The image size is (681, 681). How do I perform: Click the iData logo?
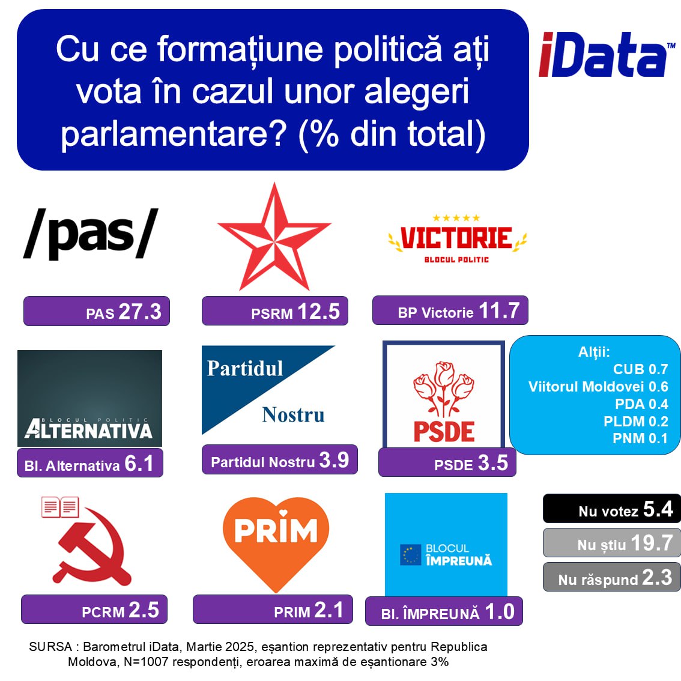[607, 55]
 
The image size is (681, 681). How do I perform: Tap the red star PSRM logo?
[274, 237]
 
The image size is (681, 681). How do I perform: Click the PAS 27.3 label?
[97, 311]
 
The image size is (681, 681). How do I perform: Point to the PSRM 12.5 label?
[275, 310]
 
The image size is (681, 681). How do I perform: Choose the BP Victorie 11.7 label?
[450, 310]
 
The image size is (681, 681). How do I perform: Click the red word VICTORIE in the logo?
[456, 238]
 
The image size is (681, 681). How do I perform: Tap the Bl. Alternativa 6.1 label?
[90, 463]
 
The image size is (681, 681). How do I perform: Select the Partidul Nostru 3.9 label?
[280, 459]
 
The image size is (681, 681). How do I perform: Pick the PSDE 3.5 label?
[447, 462]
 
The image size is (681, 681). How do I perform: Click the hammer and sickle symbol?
[92, 547]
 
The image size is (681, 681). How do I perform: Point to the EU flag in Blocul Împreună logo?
[410, 555]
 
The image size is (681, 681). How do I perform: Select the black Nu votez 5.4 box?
[612, 509]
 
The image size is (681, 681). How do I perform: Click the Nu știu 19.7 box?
[612, 543]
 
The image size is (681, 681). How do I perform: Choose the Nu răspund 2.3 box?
[612, 577]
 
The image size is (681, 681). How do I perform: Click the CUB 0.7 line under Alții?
[640, 369]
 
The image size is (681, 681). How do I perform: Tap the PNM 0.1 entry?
[640, 438]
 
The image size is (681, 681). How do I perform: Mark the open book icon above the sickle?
[60, 507]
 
